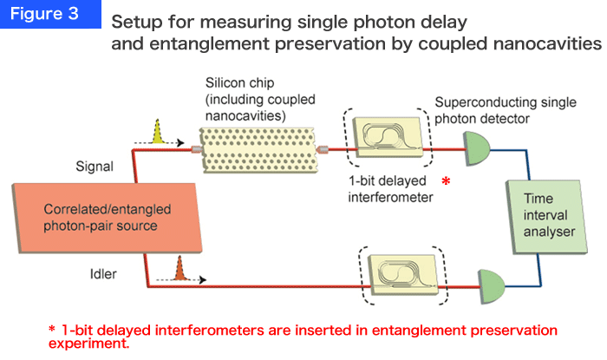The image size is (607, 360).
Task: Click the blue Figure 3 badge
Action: (50, 14)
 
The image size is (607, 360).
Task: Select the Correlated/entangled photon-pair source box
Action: (108, 218)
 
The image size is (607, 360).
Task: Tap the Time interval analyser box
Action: (546, 217)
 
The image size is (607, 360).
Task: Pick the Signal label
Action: (95, 167)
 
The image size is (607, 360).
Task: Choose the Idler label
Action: (103, 274)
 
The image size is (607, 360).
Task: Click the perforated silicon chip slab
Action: (258, 150)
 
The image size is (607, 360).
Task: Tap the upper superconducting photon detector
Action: (477, 148)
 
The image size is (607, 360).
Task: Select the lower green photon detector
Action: (492, 286)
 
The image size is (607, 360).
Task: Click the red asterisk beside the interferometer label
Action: (446, 180)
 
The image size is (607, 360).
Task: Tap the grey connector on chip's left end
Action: (197, 149)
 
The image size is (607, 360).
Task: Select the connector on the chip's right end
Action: (322, 149)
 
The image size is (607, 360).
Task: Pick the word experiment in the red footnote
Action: (88, 344)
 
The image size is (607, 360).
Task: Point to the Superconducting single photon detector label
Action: (506, 110)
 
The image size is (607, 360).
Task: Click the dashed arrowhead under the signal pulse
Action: (180, 143)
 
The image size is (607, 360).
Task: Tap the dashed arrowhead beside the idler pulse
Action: (202, 279)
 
